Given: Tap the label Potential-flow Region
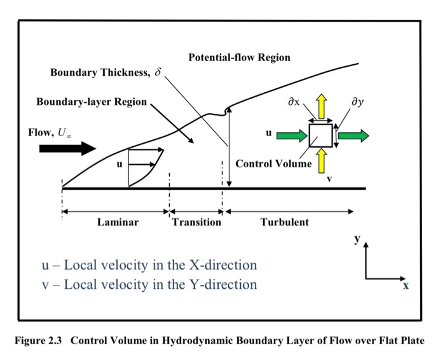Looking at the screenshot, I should (239, 57).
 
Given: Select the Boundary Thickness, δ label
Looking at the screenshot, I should (106, 73).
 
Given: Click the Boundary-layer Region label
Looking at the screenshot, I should (92, 102).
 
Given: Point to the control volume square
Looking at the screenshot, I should (320, 135).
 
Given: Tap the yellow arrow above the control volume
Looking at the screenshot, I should (322, 105).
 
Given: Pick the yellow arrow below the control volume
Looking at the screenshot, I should (322, 162).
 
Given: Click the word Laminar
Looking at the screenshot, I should (118, 222).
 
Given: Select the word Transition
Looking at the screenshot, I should (196, 222).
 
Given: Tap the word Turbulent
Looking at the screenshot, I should (284, 222).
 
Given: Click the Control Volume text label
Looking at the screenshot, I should (273, 163).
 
